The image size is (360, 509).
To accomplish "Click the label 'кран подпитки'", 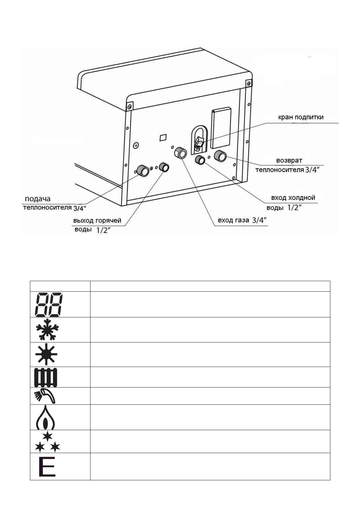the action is click(301, 117).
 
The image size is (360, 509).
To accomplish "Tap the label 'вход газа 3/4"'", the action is click(242, 220).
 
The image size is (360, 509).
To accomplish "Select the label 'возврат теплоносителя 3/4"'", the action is click(289, 165).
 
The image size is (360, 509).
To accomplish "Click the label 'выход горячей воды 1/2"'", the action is click(97, 225).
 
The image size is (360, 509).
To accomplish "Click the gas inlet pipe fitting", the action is click(181, 153).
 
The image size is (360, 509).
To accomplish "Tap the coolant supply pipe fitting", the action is click(143, 171).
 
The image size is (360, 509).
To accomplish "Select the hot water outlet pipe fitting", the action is click(164, 167).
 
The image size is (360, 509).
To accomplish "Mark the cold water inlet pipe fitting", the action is click(200, 160).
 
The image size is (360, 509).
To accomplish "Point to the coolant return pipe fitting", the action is click(220, 156).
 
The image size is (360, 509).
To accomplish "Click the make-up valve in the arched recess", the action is click(198, 143).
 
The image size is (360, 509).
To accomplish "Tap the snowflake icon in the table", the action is click(47, 329).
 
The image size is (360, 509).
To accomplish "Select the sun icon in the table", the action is click(46, 354).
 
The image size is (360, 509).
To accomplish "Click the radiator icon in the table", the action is click(46, 377).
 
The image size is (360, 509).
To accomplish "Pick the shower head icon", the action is click(45, 396).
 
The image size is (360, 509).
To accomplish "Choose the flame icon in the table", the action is click(45, 417).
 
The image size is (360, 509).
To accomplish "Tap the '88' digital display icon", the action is click(49, 304).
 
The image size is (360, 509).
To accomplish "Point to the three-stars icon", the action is click(47, 442).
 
